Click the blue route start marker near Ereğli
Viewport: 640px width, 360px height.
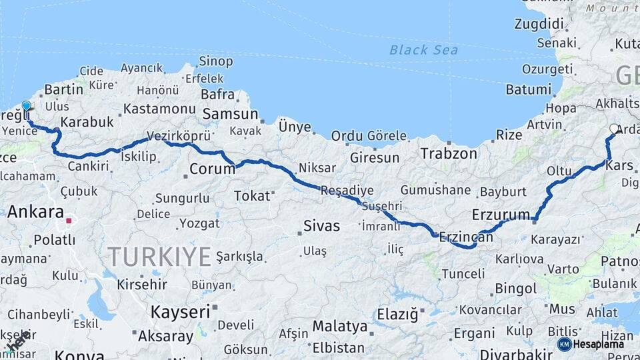tap(27, 105)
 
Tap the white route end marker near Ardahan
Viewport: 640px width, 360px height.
tap(614, 129)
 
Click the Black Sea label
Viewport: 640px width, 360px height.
tap(423, 50)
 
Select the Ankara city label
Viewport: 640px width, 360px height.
tap(35, 213)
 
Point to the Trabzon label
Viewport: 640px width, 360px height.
tap(449, 153)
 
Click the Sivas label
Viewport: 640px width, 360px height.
tap(321, 225)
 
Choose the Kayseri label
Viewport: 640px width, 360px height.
tap(180, 311)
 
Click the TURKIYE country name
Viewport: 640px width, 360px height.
tap(159, 257)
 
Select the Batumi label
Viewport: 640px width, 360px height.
tap(529, 89)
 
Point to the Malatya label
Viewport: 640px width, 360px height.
tap(340, 327)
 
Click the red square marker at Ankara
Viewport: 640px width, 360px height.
tap(69, 220)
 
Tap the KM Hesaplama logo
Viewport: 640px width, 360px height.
tap(591, 344)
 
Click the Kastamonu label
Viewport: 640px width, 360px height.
tap(159, 108)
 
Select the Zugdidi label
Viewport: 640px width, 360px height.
tap(539, 24)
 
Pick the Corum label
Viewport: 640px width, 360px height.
tap(212, 169)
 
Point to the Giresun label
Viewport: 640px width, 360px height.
tap(374, 158)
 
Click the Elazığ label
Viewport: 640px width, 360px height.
tap(397, 313)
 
